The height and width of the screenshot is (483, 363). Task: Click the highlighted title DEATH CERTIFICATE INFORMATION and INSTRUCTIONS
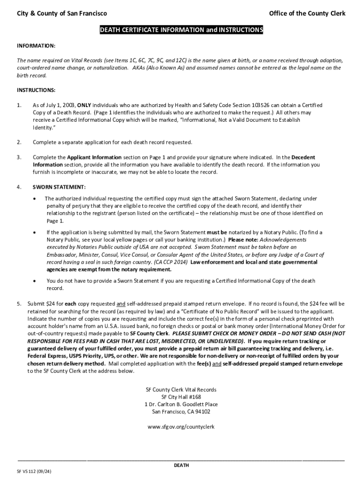181,30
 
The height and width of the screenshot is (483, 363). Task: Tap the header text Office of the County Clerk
307,13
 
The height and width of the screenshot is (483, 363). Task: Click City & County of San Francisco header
62,13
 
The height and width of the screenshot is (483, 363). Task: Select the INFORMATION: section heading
36,46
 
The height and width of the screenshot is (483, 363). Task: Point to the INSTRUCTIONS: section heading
36,90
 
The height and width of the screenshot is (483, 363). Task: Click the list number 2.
19,142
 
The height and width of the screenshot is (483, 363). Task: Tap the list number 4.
19,187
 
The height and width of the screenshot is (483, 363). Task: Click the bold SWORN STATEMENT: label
59,187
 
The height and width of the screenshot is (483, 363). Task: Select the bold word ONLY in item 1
84,105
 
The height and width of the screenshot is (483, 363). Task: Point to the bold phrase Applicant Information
94,157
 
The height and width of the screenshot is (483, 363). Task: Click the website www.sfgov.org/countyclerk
181,426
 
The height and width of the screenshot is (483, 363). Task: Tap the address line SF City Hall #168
181,397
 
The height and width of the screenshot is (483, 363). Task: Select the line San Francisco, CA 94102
181,412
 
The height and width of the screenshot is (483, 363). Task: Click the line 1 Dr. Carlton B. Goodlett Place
181,405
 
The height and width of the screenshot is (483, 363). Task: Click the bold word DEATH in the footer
181,466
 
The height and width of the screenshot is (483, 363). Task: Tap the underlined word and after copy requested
121,303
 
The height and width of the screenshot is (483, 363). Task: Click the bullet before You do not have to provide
35,281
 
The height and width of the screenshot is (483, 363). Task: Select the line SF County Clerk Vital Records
181,390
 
